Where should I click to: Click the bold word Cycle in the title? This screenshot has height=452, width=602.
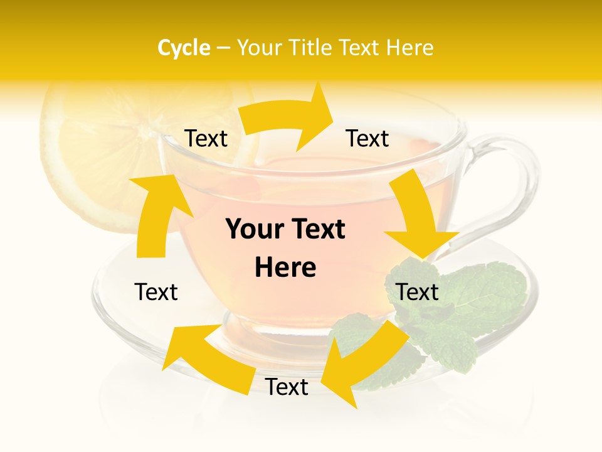tap(184, 48)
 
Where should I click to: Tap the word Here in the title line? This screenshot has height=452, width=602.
tap(410, 48)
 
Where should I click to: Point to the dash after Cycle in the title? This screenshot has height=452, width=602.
tap(223, 48)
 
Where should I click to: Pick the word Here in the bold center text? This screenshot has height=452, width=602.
tap(285, 267)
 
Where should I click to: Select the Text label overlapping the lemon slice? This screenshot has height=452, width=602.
tap(206, 139)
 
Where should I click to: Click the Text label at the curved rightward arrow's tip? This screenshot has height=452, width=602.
tap(367, 139)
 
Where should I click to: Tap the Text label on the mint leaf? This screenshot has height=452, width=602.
tap(417, 292)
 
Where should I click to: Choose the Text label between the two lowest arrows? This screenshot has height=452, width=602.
tap(287, 387)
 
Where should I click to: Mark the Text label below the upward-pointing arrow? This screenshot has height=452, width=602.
tap(156, 292)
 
